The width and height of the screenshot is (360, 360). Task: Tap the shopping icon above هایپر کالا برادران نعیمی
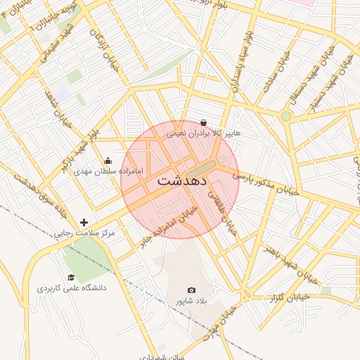(x=203, y=122)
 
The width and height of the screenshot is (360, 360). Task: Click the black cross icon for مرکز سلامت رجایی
(x=84, y=222)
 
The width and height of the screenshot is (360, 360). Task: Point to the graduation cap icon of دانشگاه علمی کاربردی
(x=70, y=278)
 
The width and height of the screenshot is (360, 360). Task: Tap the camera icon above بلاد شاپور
(x=192, y=290)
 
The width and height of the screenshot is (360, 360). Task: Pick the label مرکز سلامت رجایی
(x=88, y=233)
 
